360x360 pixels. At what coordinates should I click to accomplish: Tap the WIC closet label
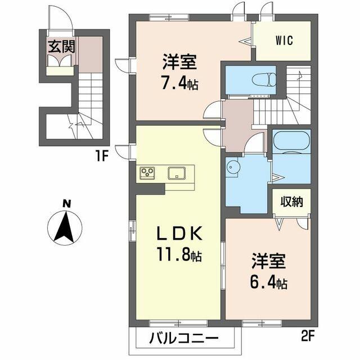point(284,41)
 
